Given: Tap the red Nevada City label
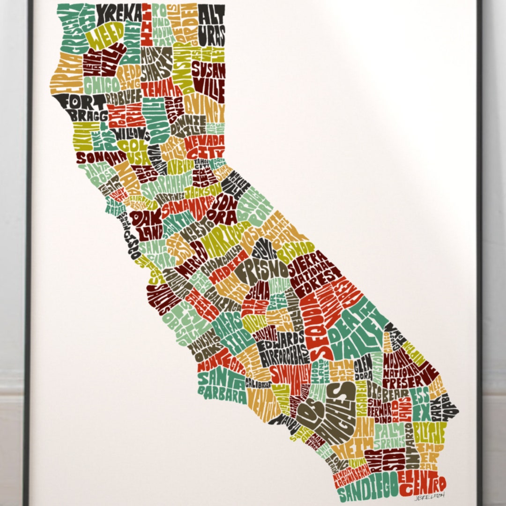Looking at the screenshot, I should tap(204, 146).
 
